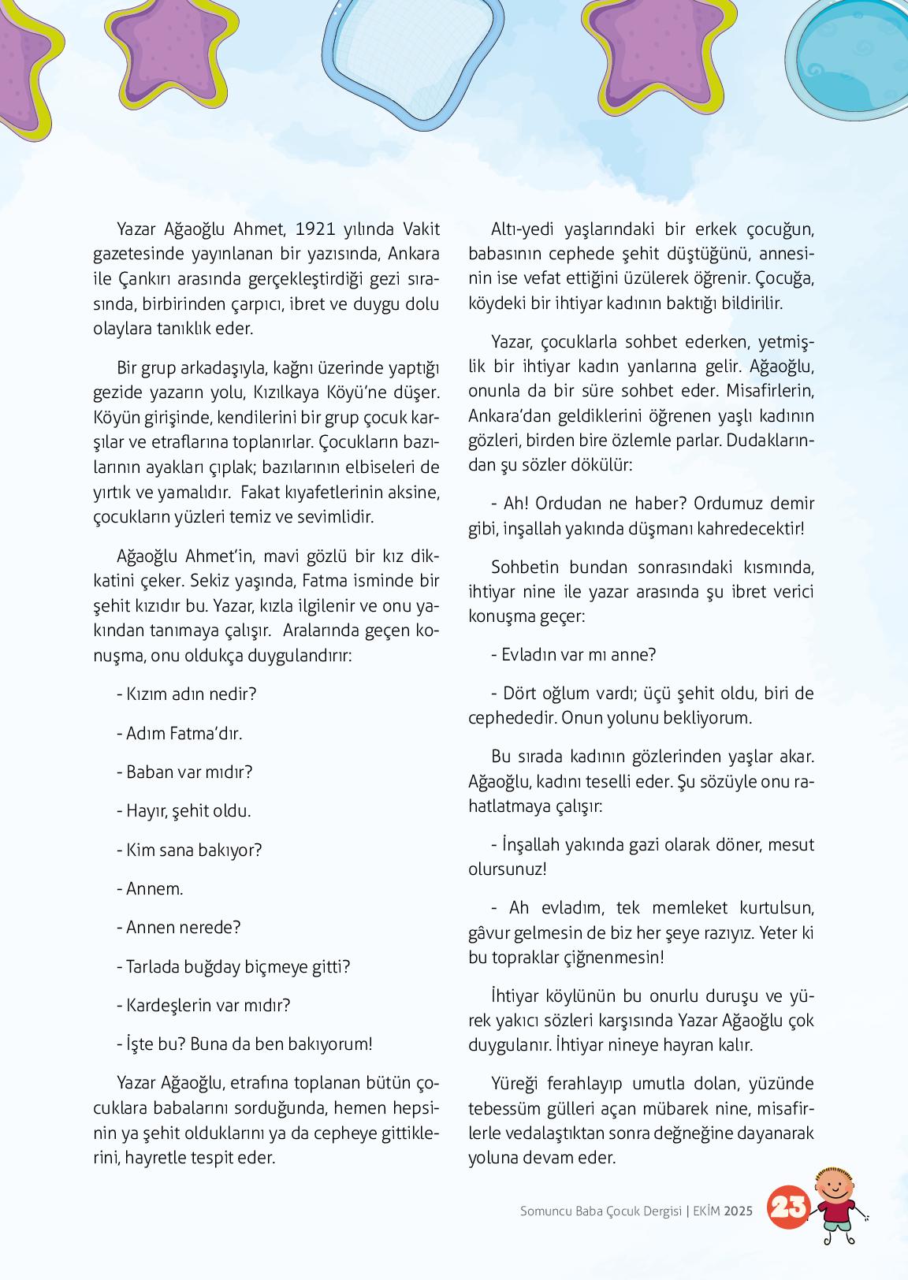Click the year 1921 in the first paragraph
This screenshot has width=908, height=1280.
click(314, 229)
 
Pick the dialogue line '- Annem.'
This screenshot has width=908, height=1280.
click(150, 888)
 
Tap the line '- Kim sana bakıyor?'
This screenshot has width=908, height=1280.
click(189, 850)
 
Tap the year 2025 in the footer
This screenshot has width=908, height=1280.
click(739, 1211)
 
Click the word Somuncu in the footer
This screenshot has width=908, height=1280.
click(548, 1211)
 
